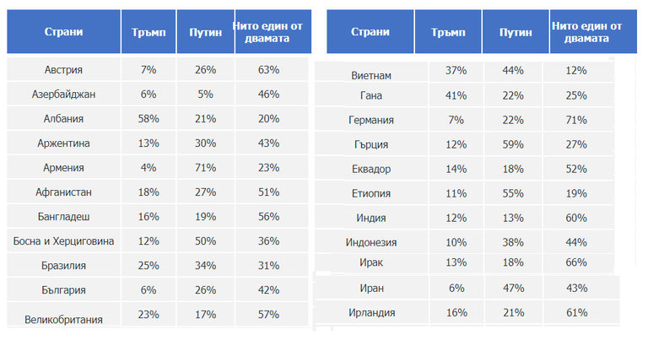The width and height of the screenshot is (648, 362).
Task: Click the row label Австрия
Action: pyautogui.click(x=63, y=70)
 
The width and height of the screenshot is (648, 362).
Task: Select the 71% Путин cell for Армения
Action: pyautogui.click(x=206, y=168)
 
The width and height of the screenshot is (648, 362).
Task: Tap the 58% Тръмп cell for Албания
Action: pyautogui.click(x=148, y=119)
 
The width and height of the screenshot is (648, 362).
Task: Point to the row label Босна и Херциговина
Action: pyautogui.click(x=63, y=241)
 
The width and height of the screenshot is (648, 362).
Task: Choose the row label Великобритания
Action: pyautogui.click(x=63, y=319)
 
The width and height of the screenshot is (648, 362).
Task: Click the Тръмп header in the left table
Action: pyautogui.click(x=148, y=32)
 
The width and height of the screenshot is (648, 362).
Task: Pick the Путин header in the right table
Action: pyautogui.click(x=516, y=32)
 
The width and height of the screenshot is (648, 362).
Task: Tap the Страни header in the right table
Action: pyautogui.click(x=370, y=32)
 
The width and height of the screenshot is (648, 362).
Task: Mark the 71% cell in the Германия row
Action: pyautogui.click(x=577, y=121)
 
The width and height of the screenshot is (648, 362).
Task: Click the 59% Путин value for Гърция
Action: pyautogui.click(x=516, y=145)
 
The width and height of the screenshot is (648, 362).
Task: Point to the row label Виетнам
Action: pyautogui.click(x=370, y=75)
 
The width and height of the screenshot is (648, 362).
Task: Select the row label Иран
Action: pyautogui.click(x=370, y=289)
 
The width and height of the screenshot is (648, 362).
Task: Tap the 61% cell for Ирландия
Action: pyautogui.click(x=577, y=313)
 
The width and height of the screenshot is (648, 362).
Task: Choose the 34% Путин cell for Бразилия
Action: pyautogui.click(x=206, y=266)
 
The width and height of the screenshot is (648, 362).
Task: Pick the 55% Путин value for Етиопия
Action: pyautogui.click(x=516, y=193)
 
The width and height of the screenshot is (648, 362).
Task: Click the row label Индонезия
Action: pyautogui.click(x=370, y=242)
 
